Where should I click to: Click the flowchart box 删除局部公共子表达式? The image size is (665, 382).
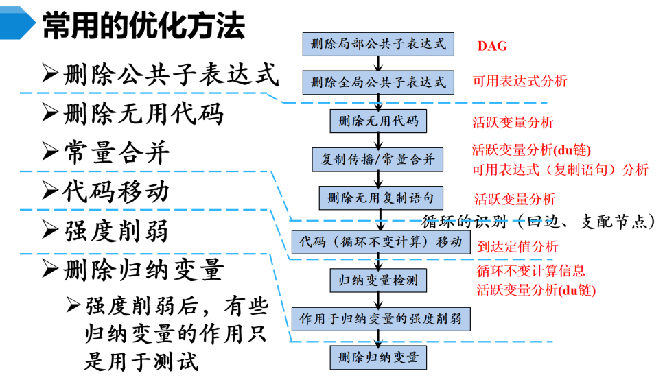[378, 44]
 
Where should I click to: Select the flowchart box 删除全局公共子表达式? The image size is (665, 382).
[378, 82]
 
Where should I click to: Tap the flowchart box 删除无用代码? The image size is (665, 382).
[378, 121]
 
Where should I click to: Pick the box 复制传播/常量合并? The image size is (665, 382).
[378, 160]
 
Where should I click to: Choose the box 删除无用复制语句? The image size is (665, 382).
[378, 198]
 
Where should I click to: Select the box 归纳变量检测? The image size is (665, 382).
[378, 280]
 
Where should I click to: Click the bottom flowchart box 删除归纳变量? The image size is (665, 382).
[378, 357]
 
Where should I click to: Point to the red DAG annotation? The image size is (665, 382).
[493, 46]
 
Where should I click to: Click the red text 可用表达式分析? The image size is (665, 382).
[520, 82]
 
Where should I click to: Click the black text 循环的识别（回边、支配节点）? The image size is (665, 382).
[538, 222]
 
